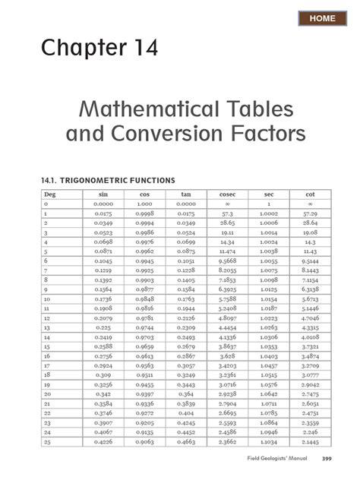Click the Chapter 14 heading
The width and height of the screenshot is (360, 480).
point(100,49)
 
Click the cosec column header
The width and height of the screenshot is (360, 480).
point(227,194)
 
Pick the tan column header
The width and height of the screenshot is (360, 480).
point(185,194)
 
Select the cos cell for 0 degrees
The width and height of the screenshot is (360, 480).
point(144,204)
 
